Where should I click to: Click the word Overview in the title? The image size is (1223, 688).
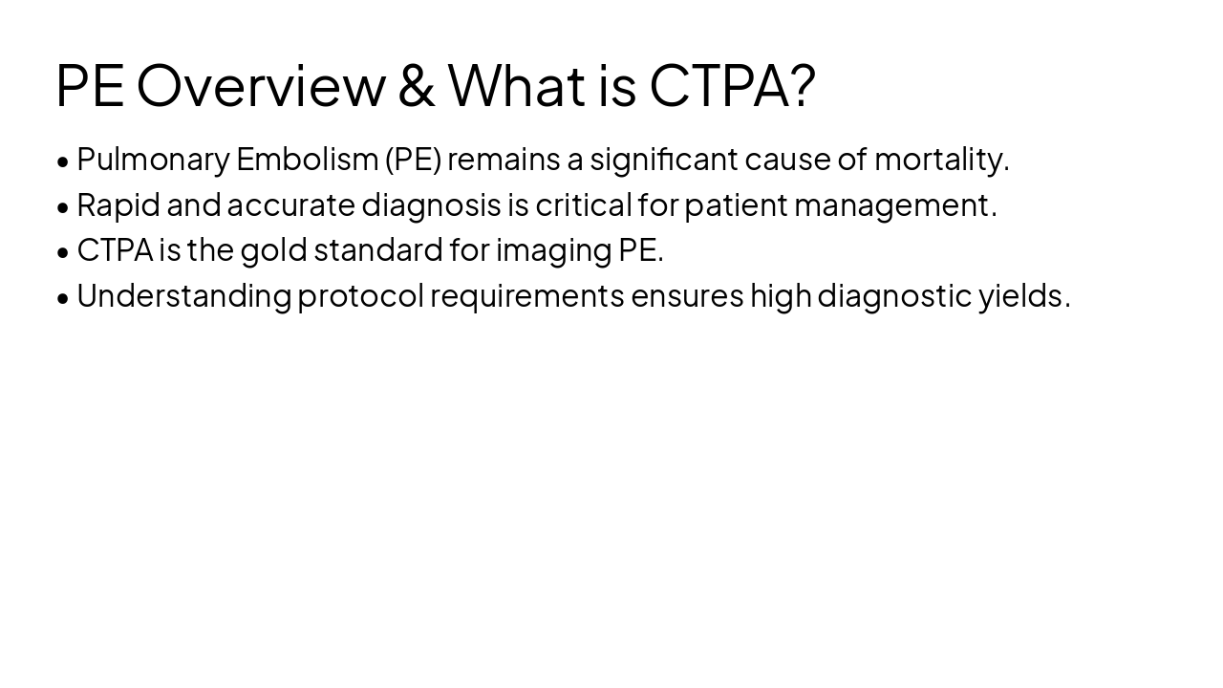point(261,85)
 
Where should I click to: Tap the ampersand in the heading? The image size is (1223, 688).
point(417,85)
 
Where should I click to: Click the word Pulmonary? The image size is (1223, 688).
point(153,160)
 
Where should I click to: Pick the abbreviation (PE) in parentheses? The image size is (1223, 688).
point(414,160)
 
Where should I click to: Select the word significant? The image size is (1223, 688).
point(663,160)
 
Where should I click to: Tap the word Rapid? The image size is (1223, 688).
point(118,204)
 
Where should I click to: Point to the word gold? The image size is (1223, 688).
point(273,250)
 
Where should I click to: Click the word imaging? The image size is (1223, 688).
point(553,250)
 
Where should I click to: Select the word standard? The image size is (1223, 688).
point(378,250)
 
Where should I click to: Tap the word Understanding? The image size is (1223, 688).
point(183,296)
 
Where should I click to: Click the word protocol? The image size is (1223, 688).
point(360,296)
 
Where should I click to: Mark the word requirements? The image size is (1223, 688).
point(526,296)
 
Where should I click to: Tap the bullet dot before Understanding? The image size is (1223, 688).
point(63,298)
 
